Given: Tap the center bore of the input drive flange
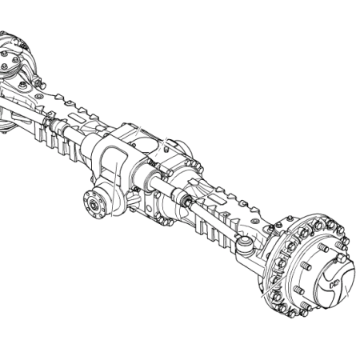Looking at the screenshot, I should point(94,207).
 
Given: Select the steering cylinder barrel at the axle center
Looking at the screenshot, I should point(160,188).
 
